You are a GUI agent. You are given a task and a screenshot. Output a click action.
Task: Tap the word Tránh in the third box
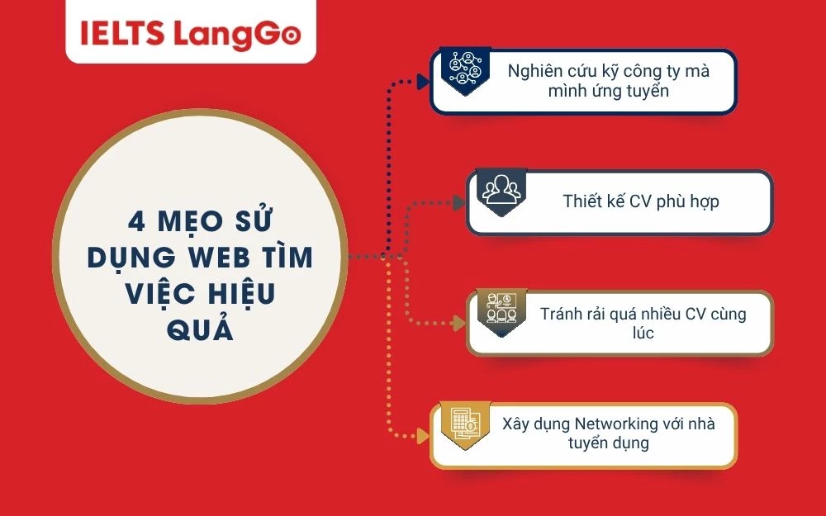(x=561, y=314)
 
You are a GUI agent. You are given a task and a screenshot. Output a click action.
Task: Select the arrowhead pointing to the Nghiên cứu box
(x=424, y=82)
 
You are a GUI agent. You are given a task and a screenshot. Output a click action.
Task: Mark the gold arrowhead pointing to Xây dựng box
(x=424, y=434)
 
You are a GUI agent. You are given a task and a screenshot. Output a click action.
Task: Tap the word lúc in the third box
(x=643, y=333)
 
